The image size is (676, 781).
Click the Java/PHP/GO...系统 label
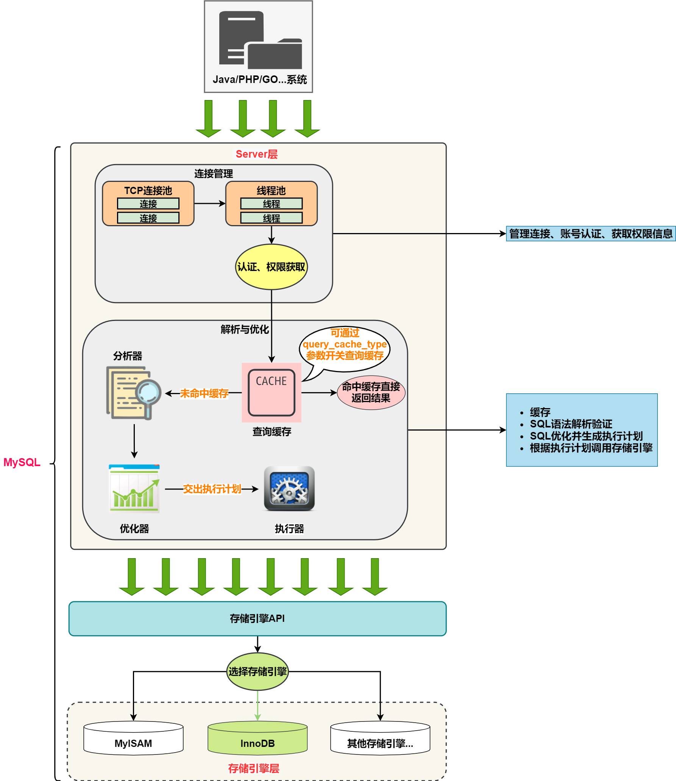pyautogui.click(x=259, y=80)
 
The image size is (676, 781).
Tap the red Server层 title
pyautogui.click(x=256, y=154)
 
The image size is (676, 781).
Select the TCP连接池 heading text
pyautogui.click(x=148, y=190)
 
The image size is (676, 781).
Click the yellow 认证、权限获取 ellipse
pyautogui.click(x=271, y=267)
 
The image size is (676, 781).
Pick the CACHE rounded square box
pyautogui.click(x=271, y=392)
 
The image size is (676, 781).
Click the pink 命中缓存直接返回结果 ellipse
pyautogui.click(x=371, y=393)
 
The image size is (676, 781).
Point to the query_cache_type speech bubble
pyautogui.click(x=344, y=345)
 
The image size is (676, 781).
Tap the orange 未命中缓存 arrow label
pyautogui.click(x=204, y=393)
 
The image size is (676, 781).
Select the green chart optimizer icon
pyautogui.click(x=134, y=488)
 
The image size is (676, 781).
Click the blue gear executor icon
pyautogui.click(x=289, y=488)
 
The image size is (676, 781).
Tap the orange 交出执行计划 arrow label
pyautogui.click(x=212, y=489)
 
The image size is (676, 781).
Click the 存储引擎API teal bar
pyautogui.click(x=258, y=618)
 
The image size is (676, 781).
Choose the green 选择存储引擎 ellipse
pyautogui.click(x=258, y=671)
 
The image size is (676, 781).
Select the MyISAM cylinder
pyautogui.click(x=133, y=739)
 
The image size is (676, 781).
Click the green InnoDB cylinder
pyautogui.click(x=258, y=739)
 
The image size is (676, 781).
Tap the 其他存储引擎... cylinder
pyautogui.click(x=380, y=739)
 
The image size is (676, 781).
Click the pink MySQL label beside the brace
pyautogui.click(x=22, y=462)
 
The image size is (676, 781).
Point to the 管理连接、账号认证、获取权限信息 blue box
pyautogui.click(x=590, y=234)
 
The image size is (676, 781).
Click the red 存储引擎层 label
pyautogui.click(x=254, y=768)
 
